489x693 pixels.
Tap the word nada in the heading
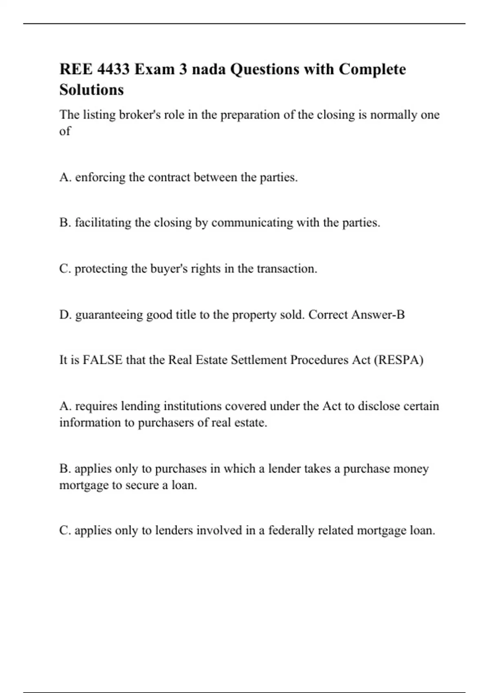coord(208,69)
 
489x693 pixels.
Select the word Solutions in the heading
coord(91,90)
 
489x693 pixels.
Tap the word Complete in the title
coord(372,69)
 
